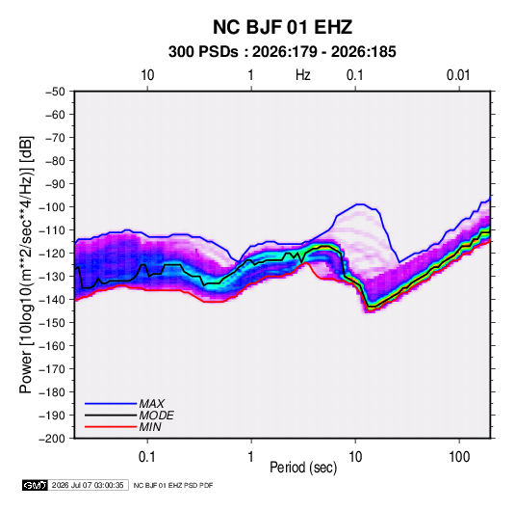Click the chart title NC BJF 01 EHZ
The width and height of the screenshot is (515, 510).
coord(282,27)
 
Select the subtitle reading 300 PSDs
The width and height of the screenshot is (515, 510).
coord(203,52)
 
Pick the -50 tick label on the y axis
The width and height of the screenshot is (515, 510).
coord(55,92)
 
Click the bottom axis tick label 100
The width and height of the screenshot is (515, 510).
coord(459,457)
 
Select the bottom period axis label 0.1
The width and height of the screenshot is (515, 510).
coord(147,457)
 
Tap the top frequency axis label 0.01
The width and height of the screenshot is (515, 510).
coord(458,75)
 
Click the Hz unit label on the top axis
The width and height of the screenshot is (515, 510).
coord(303,75)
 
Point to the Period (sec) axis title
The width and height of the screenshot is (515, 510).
coord(303,468)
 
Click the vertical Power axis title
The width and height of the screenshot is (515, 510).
coord(26,265)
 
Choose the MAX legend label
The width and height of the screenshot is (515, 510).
coord(151,404)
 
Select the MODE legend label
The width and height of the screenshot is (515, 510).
coord(156,416)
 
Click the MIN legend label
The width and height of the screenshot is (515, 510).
coord(150,427)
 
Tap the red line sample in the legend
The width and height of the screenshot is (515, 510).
coord(111,427)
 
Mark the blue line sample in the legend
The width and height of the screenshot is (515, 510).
coord(111,404)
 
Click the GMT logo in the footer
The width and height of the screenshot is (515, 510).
coord(36,485)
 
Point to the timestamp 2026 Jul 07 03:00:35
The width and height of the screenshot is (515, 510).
coord(88,485)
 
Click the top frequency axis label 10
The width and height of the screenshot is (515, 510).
coord(147,75)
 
